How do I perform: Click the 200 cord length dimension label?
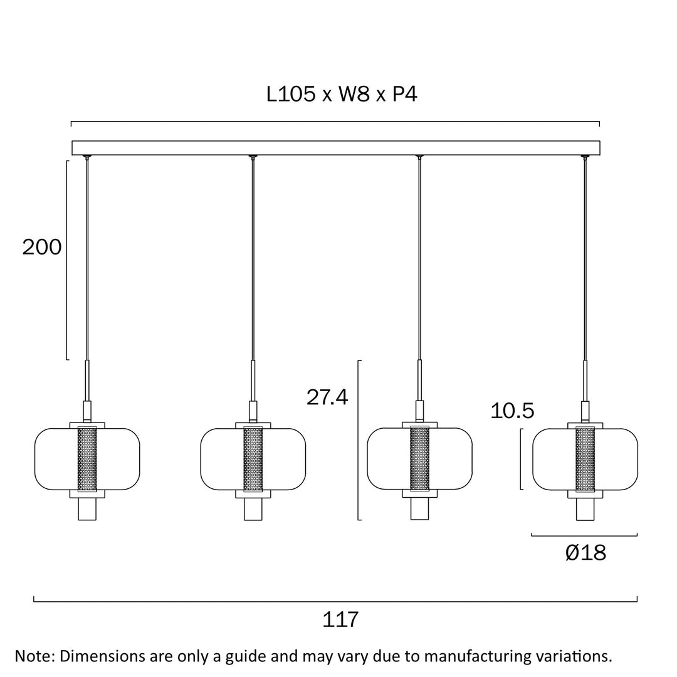[x=42, y=247]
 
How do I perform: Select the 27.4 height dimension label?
[x=327, y=397]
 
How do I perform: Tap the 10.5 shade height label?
[x=512, y=411]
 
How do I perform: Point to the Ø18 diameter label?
[x=585, y=553]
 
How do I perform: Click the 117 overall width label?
[x=340, y=619]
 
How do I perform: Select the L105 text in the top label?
[x=291, y=95]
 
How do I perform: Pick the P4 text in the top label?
[x=404, y=95]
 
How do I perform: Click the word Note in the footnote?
[x=34, y=656]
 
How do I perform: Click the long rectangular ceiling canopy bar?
[x=336, y=148]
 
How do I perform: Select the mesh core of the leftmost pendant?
[x=87, y=459]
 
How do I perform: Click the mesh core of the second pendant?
[x=253, y=459]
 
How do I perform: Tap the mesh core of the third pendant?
[x=419, y=459]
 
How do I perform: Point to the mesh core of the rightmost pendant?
[x=585, y=459]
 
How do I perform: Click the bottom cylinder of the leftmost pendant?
[x=87, y=509]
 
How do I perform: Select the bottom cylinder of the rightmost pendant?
[x=585, y=509]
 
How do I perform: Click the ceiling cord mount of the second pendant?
[x=253, y=157]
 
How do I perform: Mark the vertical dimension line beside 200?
[x=66, y=260]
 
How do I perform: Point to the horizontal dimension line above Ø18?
[x=584, y=535]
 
